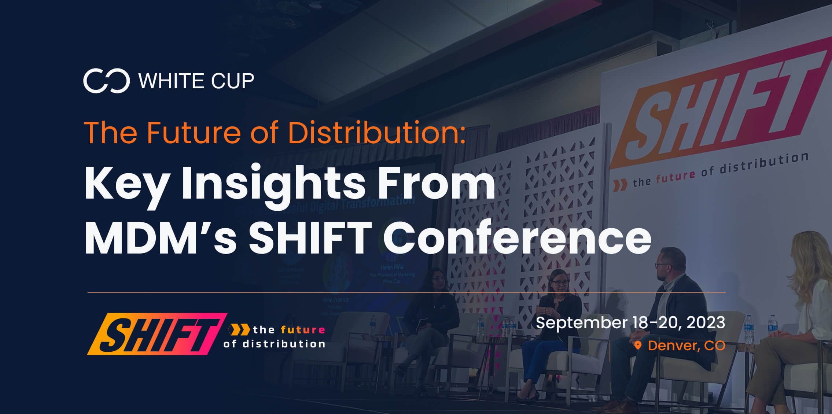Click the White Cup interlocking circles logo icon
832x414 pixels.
pyautogui.click(x=106, y=81)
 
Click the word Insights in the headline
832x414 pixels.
pyautogui.click(x=273, y=183)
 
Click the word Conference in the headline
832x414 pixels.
pyautogui.click(x=517, y=238)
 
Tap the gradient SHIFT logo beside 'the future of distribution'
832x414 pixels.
pyautogui.click(x=157, y=334)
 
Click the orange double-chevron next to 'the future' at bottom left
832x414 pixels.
pyautogui.click(x=240, y=330)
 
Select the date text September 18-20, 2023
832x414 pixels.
pyautogui.click(x=630, y=323)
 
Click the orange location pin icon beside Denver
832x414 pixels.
pyautogui.click(x=638, y=345)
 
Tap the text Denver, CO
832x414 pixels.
pyautogui.click(x=686, y=345)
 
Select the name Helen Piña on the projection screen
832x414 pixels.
pyautogui.click(x=392, y=267)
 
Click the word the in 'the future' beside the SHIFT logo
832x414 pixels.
pyautogui.click(x=264, y=330)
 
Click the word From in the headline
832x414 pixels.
pyautogui.click(x=436, y=183)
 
